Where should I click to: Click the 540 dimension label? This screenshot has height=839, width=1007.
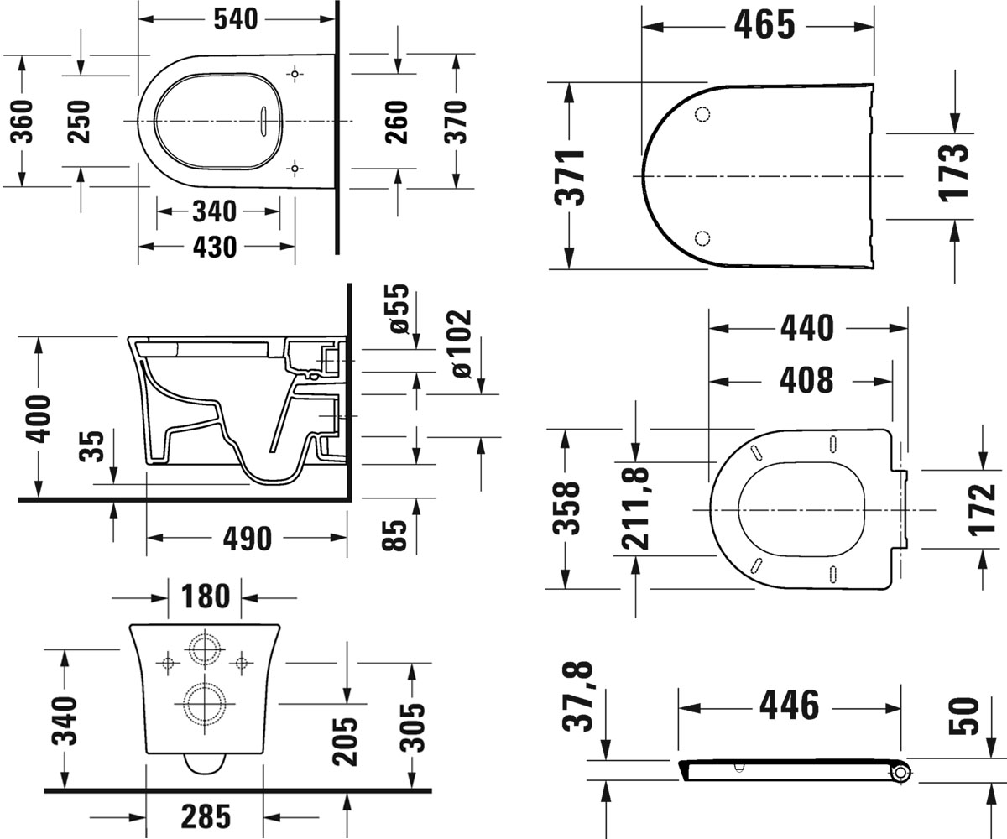(x=236, y=19)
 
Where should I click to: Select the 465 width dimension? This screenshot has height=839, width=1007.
(x=764, y=25)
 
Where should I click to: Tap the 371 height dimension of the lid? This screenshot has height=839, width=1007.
(x=570, y=177)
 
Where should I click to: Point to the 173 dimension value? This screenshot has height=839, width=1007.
(x=953, y=172)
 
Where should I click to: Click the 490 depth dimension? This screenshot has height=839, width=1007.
(x=248, y=539)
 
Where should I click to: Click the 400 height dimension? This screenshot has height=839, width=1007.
(x=38, y=419)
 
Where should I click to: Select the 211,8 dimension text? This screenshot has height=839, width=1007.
(x=635, y=508)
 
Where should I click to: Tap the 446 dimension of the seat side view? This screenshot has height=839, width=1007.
(x=790, y=706)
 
